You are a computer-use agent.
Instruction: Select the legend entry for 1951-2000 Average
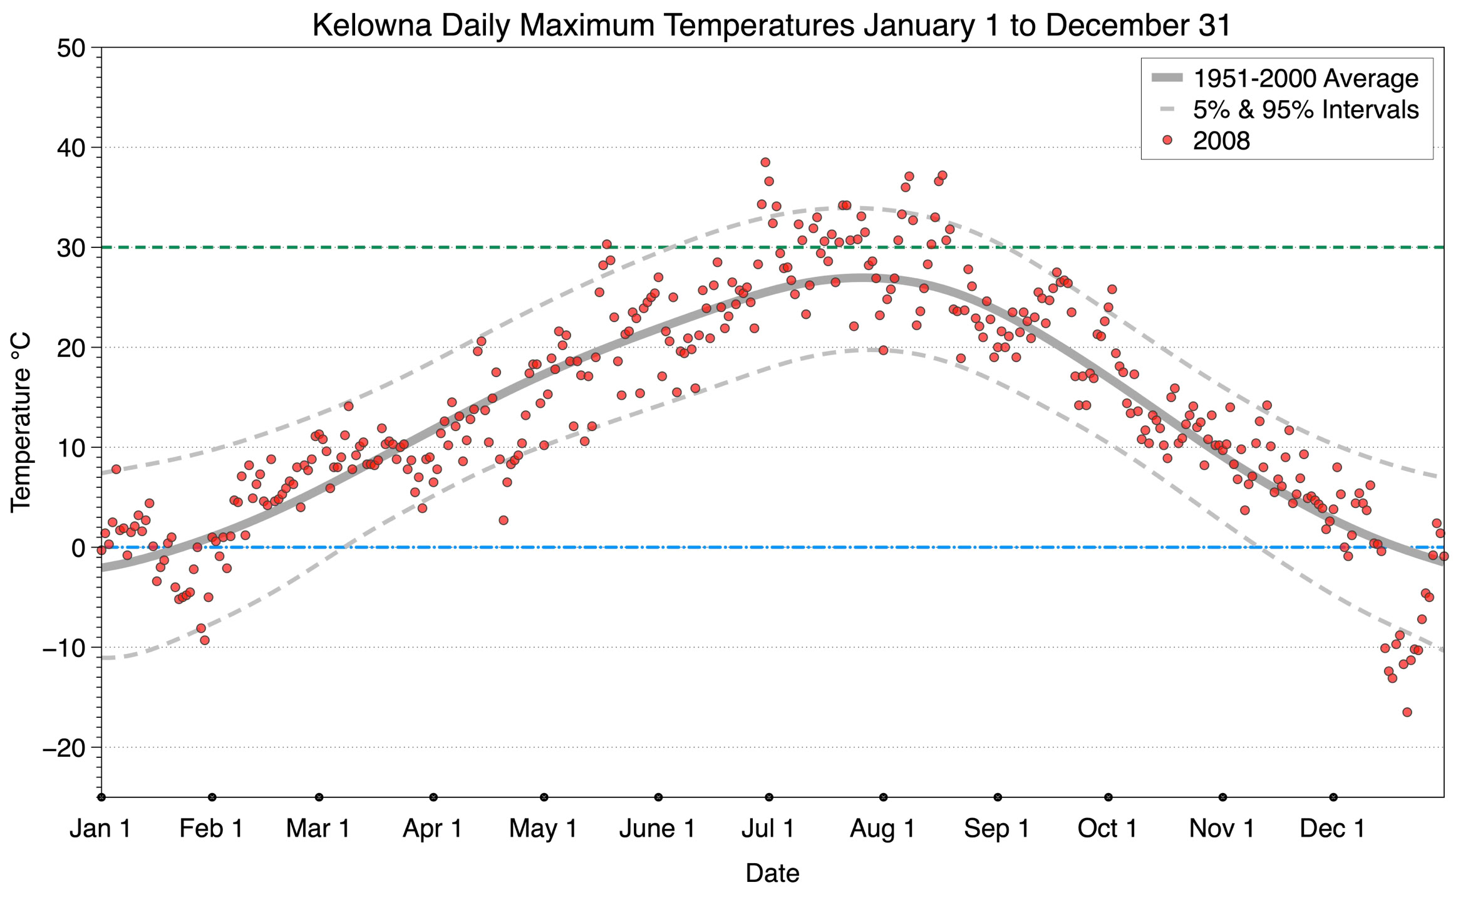tap(1305, 78)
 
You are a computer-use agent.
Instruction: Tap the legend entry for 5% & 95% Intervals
tap(1305, 110)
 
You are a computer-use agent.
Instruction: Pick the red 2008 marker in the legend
tap(1167, 140)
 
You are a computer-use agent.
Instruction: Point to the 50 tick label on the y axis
tap(71, 48)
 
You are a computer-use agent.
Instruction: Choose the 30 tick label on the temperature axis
tap(71, 248)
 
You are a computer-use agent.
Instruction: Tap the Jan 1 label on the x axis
tap(101, 829)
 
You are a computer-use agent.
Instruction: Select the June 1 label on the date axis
tap(657, 829)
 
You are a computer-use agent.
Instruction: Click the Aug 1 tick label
tap(882, 829)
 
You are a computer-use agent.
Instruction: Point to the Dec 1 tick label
tap(1332, 829)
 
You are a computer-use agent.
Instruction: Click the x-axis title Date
tap(772, 873)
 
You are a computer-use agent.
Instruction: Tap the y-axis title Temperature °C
tap(21, 423)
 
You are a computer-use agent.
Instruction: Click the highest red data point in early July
tap(765, 162)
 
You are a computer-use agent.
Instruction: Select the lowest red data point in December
tap(1407, 712)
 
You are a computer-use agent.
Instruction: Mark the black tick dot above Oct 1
tap(1108, 797)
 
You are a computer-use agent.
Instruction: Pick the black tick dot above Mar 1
tap(319, 797)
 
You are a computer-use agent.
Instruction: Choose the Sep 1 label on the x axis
tap(996, 829)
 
